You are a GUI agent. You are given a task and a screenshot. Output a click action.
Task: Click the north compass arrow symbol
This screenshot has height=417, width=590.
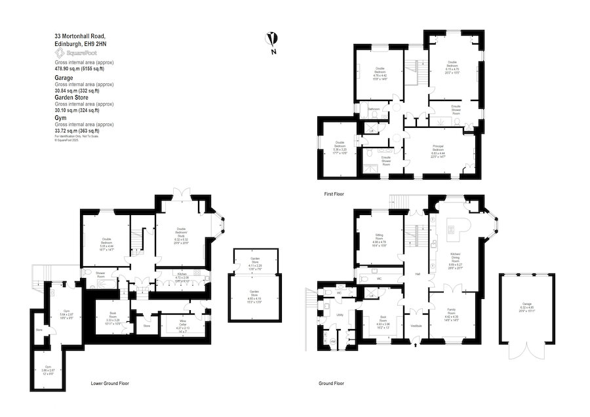pos(271,39)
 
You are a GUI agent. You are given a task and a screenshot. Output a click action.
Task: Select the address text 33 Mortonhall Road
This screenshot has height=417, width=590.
pos(79,36)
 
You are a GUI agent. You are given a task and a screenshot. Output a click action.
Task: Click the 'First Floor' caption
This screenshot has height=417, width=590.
pos(334,194)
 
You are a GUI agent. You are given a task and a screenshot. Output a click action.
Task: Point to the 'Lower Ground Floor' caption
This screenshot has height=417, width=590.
pos(109,383)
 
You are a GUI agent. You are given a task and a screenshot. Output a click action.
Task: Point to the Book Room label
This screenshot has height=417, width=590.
pos(113,317)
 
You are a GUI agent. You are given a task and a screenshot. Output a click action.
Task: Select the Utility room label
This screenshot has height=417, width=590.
pos(340,315)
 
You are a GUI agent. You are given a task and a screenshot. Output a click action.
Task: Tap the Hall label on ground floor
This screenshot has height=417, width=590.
pos(417,274)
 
